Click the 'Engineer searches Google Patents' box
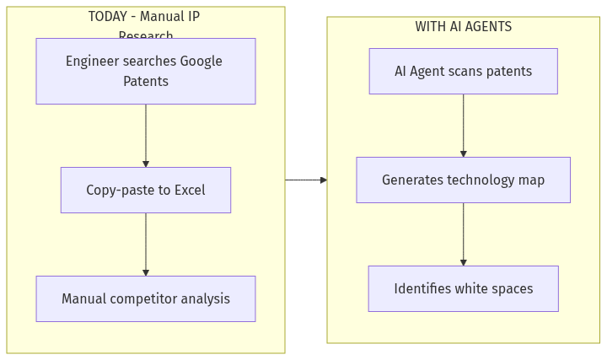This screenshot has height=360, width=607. (x=145, y=71)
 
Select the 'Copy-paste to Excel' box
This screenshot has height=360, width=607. (x=145, y=190)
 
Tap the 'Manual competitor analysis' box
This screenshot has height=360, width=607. (x=145, y=298)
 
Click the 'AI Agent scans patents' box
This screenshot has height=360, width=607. (x=463, y=71)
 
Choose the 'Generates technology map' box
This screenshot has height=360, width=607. (x=463, y=180)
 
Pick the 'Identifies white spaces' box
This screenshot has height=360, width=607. (x=463, y=288)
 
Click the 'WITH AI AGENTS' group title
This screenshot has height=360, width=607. (x=463, y=26)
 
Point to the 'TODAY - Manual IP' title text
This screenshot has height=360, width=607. (x=144, y=16)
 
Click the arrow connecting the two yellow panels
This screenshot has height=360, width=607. (x=306, y=180)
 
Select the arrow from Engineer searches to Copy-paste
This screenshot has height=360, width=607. (x=146, y=135)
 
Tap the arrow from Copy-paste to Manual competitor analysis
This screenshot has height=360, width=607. (x=146, y=244)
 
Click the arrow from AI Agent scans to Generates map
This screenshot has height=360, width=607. (x=463, y=125)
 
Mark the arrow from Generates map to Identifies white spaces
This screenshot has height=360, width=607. (x=463, y=234)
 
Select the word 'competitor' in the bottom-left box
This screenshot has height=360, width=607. (x=145, y=298)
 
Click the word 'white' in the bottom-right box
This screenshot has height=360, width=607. (x=472, y=288)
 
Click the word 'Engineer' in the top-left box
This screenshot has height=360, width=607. (x=92, y=61)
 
